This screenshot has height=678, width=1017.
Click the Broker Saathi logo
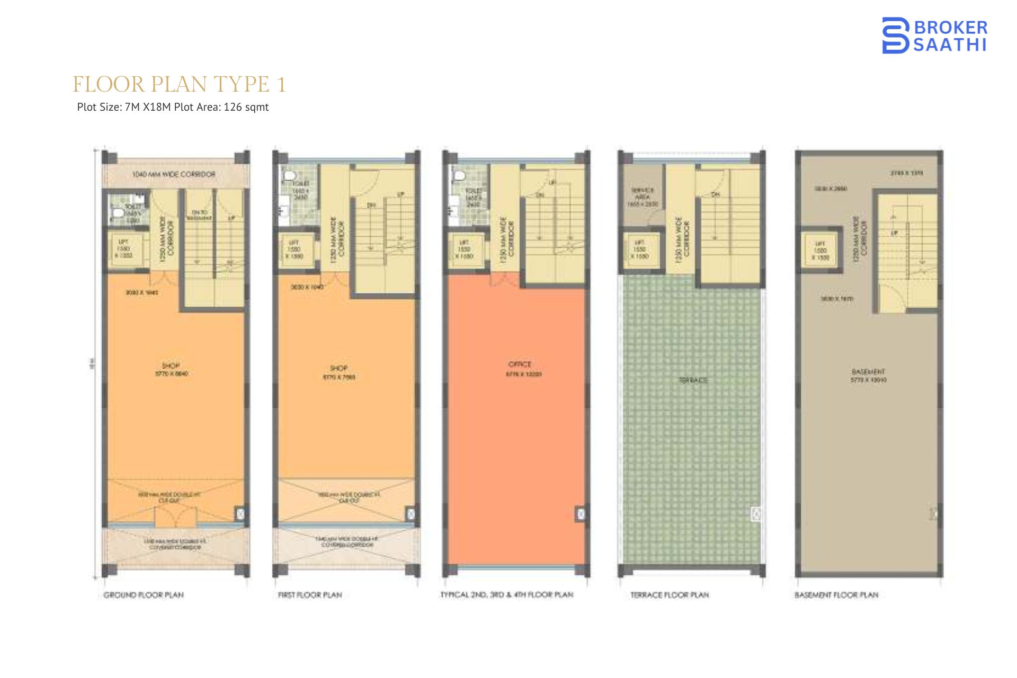tap(934, 35)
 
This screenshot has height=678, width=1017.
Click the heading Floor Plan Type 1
tap(179, 84)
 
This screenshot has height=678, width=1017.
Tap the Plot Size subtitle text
tap(173, 107)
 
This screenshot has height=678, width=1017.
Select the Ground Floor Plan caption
tap(144, 595)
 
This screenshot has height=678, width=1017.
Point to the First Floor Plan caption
tap(310, 595)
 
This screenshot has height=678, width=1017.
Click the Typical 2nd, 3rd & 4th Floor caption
tap(506, 595)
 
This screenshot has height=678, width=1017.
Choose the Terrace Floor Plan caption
tap(670, 595)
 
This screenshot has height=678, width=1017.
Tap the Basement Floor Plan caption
tap(836, 595)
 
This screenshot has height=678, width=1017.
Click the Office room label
tap(520, 364)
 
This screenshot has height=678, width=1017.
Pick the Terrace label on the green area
tap(693, 380)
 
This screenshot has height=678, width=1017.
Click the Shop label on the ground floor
tap(171, 365)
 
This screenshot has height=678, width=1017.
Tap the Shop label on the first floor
tap(338, 368)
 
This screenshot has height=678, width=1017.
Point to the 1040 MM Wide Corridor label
tap(174, 174)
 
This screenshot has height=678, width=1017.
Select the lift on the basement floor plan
tap(820, 250)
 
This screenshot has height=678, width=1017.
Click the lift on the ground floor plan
tap(123, 248)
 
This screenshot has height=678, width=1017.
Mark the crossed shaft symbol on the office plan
tap(581, 513)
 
